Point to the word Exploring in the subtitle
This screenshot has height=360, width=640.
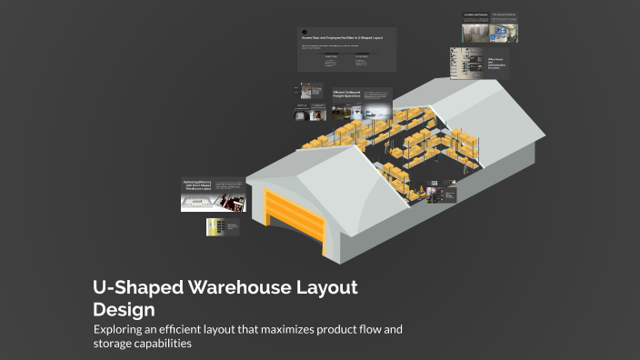tap(122, 329)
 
